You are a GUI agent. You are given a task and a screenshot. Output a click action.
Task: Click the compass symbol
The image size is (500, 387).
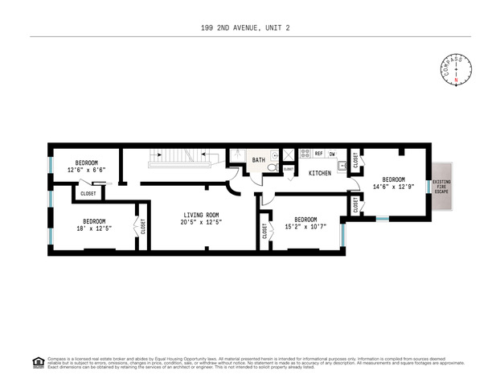point(457,69)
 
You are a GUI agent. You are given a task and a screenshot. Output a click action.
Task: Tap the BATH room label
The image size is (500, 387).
point(258,160)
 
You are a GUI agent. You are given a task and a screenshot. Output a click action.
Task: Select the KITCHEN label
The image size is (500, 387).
point(321,173)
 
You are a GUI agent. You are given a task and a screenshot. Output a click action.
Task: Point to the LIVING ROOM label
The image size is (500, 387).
point(201,215)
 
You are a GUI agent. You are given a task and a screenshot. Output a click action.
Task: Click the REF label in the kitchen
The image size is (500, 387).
point(318,153)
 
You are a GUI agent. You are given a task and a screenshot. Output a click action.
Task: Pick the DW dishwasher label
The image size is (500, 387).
point(332,153)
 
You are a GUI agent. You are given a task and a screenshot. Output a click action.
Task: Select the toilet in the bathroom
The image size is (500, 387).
point(272,169)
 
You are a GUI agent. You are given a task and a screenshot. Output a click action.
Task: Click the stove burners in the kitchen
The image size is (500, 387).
point(305,153)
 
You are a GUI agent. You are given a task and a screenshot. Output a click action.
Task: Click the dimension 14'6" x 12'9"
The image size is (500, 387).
point(393,187)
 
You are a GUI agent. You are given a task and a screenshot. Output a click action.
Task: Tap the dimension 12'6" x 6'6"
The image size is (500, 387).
point(86,170)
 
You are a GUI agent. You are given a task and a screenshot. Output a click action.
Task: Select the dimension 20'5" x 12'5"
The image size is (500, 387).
point(201,222)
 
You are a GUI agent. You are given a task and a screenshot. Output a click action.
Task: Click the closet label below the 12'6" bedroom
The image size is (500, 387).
point(88,193)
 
